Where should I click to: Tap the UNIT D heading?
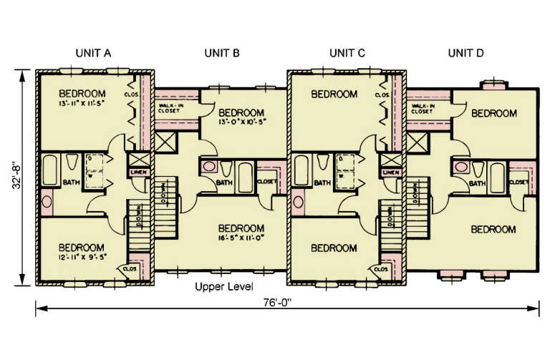pos(466,52)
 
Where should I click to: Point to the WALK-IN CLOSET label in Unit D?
pos(423,108)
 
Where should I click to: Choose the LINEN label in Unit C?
pos(390,172)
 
